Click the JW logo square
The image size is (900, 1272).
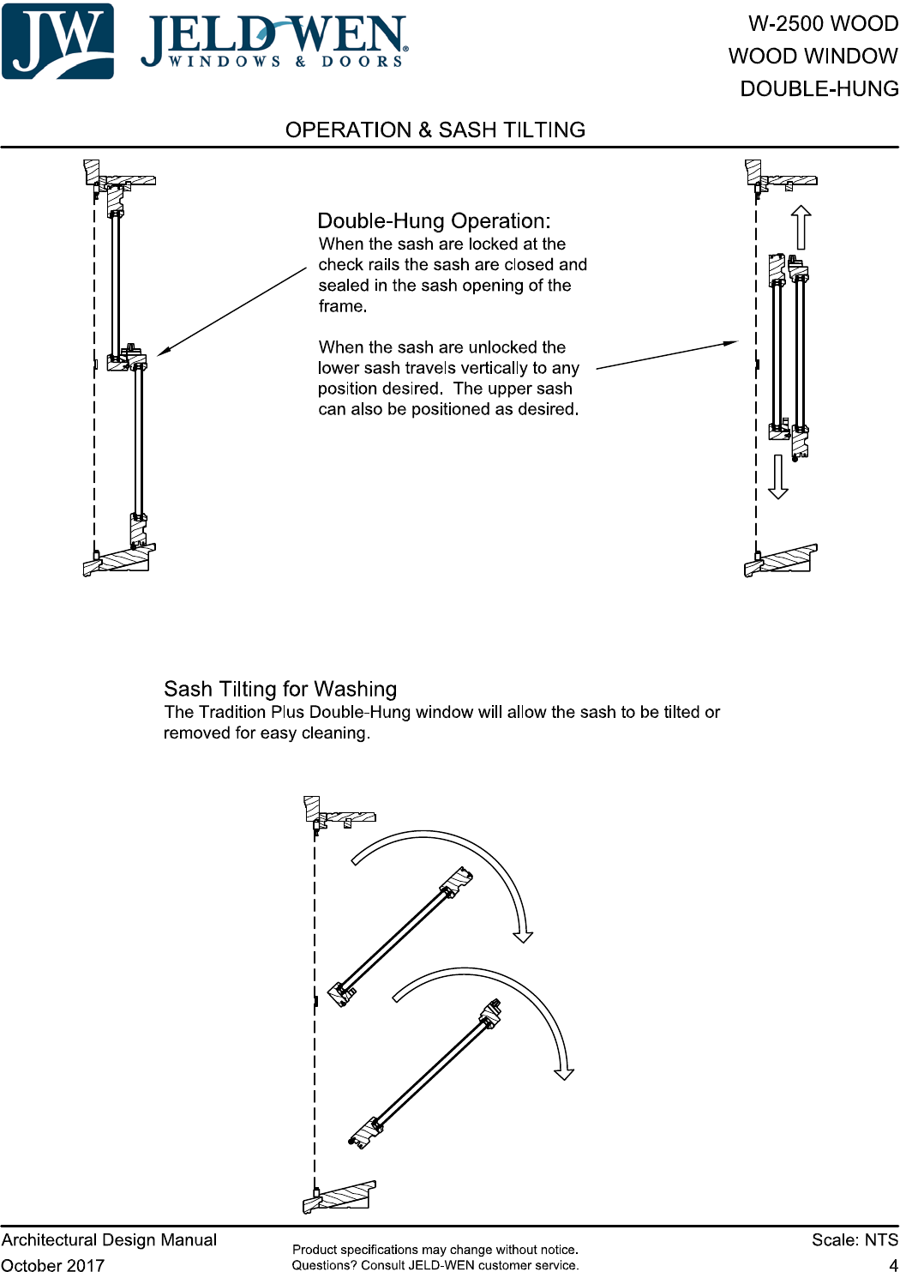click(57, 41)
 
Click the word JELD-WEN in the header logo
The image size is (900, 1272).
click(274, 36)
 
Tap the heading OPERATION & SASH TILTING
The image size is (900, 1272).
click(435, 130)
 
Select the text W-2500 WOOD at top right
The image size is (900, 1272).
click(823, 24)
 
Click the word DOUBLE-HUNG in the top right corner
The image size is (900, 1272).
click(819, 89)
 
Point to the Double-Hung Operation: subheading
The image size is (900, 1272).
click(434, 221)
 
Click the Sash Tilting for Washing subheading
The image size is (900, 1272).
click(280, 690)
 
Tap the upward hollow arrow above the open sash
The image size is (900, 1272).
click(801, 226)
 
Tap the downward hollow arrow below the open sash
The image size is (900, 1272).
click(777, 477)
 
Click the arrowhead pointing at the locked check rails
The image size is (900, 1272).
click(163, 351)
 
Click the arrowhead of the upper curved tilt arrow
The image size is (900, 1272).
click(523, 937)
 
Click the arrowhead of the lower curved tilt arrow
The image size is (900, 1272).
click(564, 1074)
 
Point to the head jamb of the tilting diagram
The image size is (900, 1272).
click(341, 817)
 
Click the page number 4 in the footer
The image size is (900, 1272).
click(893, 1264)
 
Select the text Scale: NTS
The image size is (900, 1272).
click(855, 1240)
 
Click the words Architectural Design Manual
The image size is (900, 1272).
click(109, 1240)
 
